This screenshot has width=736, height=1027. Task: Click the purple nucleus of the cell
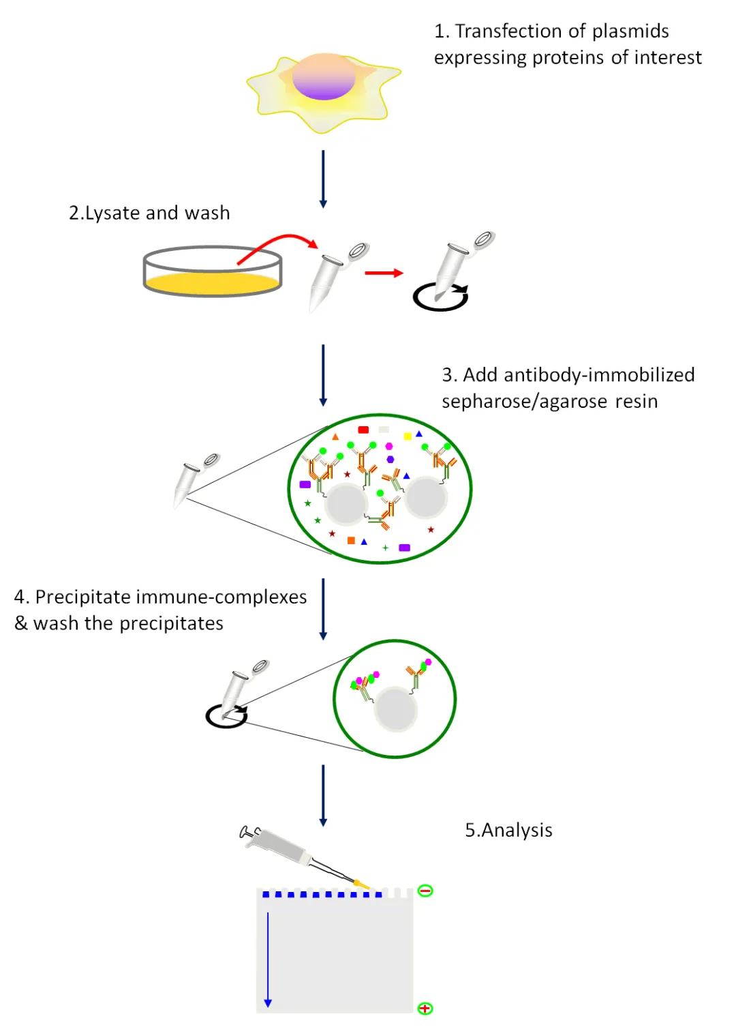click(x=324, y=77)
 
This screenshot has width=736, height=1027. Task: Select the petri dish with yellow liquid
click(x=213, y=271)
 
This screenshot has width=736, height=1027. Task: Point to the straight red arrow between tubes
click(x=384, y=273)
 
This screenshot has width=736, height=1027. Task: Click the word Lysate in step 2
click(x=113, y=213)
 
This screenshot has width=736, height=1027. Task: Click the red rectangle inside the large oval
click(x=363, y=430)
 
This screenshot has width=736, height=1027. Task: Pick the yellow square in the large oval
click(x=408, y=436)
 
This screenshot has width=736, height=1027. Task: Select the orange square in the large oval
click(x=351, y=541)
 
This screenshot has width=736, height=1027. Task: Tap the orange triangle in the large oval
click(x=335, y=436)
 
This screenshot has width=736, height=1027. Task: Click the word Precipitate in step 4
click(x=83, y=597)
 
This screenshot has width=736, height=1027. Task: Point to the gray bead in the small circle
click(x=396, y=710)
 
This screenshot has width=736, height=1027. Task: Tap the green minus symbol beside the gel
click(x=425, y=891)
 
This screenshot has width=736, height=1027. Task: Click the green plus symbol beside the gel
click(x=425, y=1008)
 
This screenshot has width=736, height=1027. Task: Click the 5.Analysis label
click(x=508, y=831)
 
